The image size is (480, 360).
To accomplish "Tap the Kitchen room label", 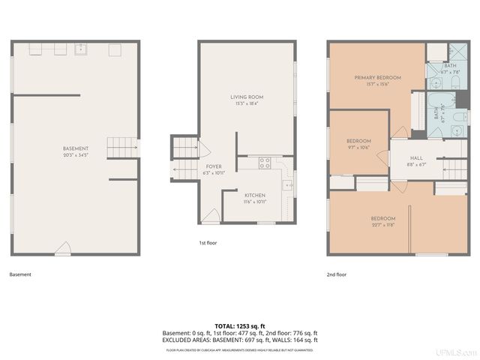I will point(255,198).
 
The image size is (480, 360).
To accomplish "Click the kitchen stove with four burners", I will point(265,162).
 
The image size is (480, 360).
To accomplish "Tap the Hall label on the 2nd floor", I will point(415,160).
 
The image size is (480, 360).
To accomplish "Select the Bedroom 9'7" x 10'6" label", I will point(358,144).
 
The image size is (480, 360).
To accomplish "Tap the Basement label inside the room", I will point(76,152).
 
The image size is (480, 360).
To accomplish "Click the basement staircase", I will point(121,147).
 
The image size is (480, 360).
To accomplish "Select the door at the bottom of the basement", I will point(64,247).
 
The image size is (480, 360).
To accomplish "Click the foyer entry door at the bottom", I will point(212,216).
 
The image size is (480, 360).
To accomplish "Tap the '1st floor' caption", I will point(208,244).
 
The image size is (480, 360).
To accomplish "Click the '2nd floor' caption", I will point(337,274).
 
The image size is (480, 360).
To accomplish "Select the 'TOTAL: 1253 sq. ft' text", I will point(240,325).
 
